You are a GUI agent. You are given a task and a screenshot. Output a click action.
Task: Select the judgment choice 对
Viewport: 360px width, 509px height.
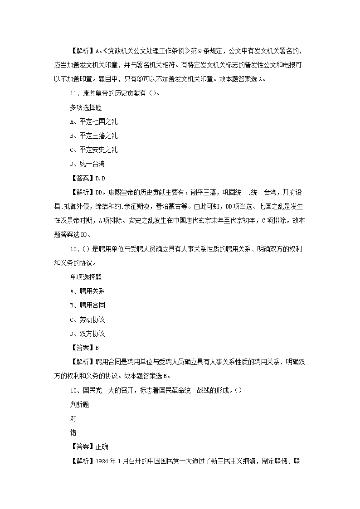73,419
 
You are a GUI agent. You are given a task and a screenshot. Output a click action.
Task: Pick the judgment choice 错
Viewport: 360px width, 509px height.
73,433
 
